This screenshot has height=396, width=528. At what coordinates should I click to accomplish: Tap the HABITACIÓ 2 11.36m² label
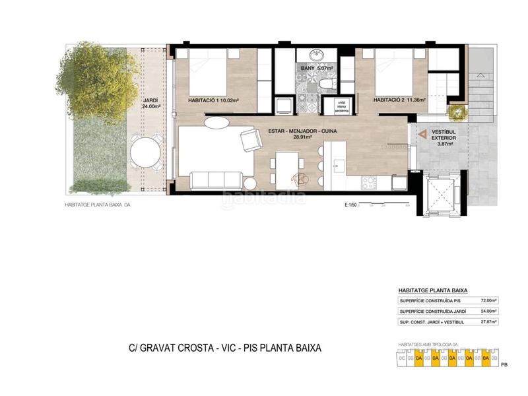[x=399, y=100]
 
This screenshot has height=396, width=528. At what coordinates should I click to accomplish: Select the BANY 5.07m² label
[x=316, y=67]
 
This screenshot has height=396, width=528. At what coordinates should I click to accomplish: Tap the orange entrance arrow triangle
[x=422, y=134]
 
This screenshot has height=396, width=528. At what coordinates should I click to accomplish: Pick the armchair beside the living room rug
[x=250, y=139]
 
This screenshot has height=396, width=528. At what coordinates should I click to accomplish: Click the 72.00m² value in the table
[x=488, y=300]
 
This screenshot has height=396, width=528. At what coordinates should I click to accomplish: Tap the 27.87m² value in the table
[x=488, y=321]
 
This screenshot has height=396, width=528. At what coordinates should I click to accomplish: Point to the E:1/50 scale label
[x=350, y=205]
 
